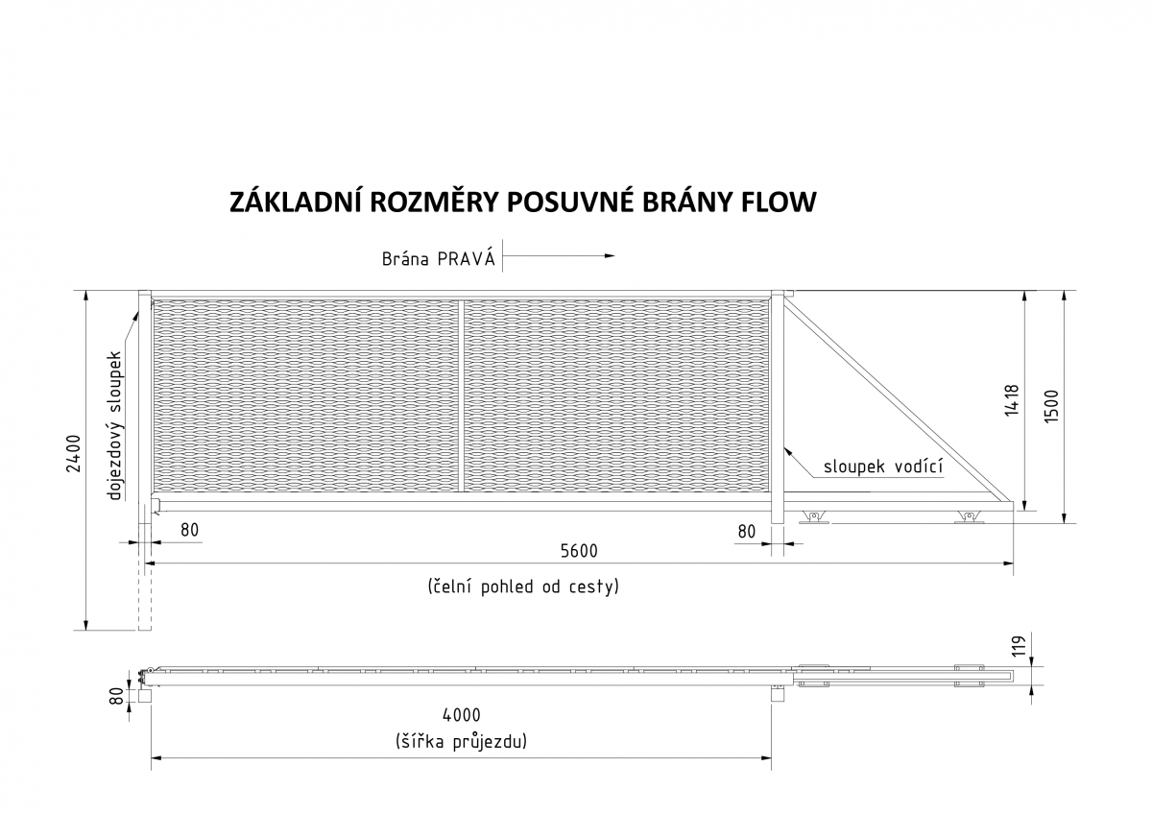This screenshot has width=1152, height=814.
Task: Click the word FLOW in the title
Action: click(x=779, y=203)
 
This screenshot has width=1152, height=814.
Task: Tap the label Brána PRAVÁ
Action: click(x=438, y=258)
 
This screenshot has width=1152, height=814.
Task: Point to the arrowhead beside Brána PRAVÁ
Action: click(x=610, y=255)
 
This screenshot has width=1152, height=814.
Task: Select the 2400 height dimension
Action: click(x=74, y=453)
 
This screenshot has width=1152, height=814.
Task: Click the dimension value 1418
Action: click(x=1012, y=400)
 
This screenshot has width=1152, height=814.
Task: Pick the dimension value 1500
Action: click(x=1052, y=407)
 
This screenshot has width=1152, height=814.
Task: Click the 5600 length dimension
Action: click(x=579, y=551)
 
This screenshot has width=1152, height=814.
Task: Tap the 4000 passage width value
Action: click(x=462, y=715)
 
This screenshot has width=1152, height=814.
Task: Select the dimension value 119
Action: click(x=1019, y=646)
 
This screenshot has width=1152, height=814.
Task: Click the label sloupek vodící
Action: click(x=883, y=467)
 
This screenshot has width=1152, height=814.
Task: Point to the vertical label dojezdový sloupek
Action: click(x=115, y=425)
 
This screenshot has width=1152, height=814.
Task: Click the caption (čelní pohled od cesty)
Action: click(x=523, y=587)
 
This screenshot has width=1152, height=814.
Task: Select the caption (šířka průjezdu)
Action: click(x=462, y=742)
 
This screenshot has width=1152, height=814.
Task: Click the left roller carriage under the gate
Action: click(x=814, y=517)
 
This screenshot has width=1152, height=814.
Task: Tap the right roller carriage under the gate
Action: click(x=969, y=517)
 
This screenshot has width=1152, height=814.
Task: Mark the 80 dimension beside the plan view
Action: click(x=117, y=697)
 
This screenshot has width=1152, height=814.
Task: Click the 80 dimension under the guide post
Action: click(x=747, y=531)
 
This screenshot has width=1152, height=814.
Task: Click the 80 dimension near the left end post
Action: click(x=189, y=530)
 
